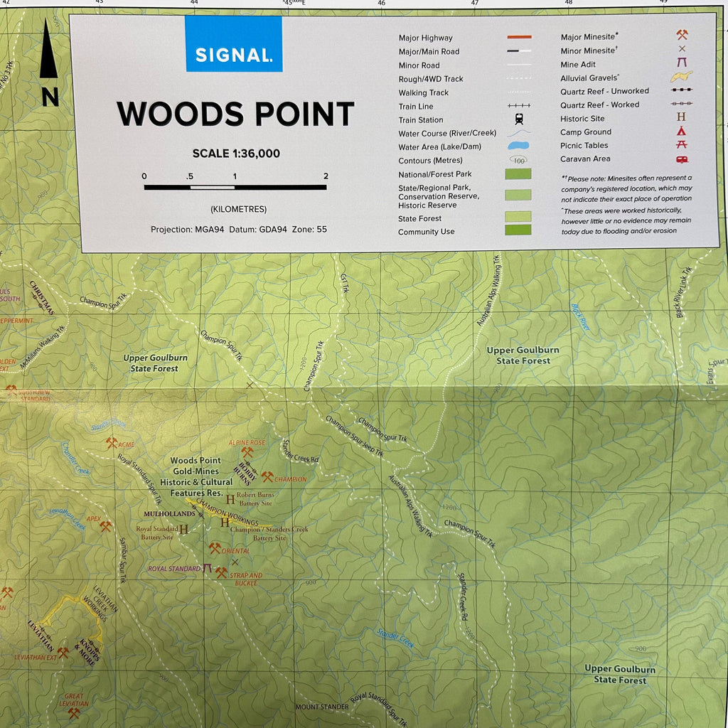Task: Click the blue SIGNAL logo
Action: click(234, 44)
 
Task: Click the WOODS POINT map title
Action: click(235, 114)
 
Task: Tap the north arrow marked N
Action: click(49, 64)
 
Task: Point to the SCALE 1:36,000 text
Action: click(236, 154)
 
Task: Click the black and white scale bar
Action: click(235, 187)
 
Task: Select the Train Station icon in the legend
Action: click(520, 120)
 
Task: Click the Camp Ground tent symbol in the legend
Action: click(682, 132)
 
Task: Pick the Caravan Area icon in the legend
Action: click(682, 159)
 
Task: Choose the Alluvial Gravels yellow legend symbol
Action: click(682, 77)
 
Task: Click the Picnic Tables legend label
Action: click(584, 146)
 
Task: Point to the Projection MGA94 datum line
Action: click(239, 230)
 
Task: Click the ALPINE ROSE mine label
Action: click(246, 442)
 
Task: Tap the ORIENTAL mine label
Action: click(235, 551)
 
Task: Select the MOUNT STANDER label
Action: click(322, 707)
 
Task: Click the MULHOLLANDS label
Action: click(169, 513)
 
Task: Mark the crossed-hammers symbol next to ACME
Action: click(112, 443)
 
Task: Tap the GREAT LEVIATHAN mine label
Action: click(74, 700)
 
